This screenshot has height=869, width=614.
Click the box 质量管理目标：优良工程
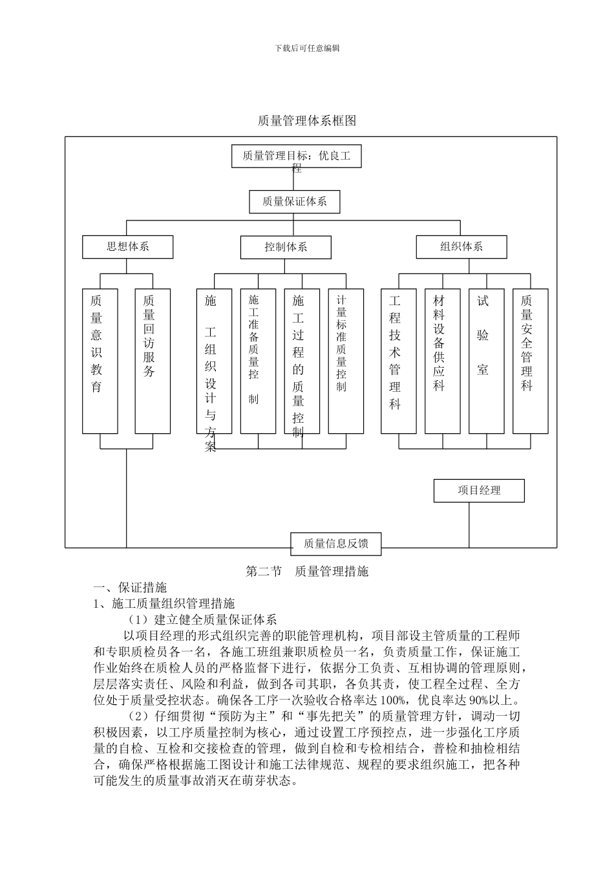(296, 156)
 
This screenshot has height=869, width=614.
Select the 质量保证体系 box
(294, 202)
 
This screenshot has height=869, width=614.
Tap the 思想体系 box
(128, 247)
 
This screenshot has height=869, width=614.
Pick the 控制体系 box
(286, 247)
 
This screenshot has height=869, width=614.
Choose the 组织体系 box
(461, 247)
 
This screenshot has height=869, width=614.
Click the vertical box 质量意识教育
(100, 361)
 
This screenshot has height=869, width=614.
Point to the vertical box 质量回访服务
(153, 361)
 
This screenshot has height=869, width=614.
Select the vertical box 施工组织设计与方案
(214, 361)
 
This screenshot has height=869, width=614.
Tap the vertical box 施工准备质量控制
(258, 361)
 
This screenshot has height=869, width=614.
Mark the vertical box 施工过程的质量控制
(302, 361)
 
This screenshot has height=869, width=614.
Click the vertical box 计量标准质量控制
(346, 361)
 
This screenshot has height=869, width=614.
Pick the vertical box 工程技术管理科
(398, 361)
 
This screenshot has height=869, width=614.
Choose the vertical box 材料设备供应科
(442, 361)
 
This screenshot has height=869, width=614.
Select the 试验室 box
(486, 361)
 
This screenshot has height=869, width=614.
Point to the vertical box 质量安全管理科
(530, 361)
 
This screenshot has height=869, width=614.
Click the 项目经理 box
(479, 491)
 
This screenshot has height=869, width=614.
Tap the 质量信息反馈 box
(336, 544)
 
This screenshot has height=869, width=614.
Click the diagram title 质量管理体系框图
(307, 121)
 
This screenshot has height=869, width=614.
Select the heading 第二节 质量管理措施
(307, 572)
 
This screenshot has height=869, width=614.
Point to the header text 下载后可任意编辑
(307, 48)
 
